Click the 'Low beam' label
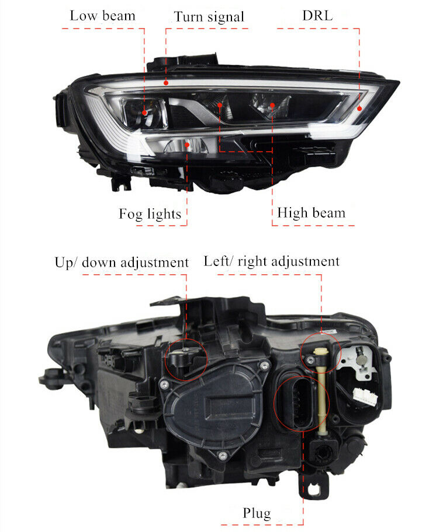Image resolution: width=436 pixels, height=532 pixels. pos(102,16)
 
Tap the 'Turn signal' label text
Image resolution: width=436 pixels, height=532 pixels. pos(209,17)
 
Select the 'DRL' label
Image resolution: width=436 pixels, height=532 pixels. pos(317,16)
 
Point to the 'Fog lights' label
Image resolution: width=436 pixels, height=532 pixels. pos(150,214)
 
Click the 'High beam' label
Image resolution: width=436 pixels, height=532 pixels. pos(311,213)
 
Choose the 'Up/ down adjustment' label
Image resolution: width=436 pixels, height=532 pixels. pos(122,262)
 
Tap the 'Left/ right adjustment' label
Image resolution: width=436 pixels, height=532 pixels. pos(272,261)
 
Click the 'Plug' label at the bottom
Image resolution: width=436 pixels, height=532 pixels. pos(257,513)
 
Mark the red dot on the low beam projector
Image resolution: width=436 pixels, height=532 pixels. pos(144,113)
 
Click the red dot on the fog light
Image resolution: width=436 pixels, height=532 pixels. pos(187,145)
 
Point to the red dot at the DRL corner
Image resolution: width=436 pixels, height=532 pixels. pos(359,108)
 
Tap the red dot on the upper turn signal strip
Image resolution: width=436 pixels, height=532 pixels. pos(166,82)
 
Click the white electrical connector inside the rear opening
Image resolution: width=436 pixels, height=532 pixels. pos(365,396)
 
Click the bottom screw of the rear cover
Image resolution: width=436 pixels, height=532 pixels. pos(222,456)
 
